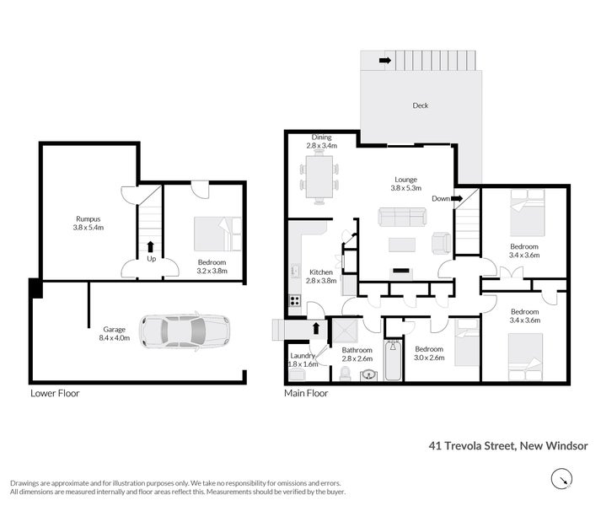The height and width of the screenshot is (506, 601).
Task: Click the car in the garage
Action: coord(185,331)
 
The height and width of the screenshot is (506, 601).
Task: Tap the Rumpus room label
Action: coord(89,219)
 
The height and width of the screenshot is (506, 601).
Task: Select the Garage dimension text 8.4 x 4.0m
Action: coord(115,338)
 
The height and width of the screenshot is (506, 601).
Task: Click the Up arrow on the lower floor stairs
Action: coord(151,246)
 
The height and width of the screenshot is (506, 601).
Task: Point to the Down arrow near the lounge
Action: coord(457,199)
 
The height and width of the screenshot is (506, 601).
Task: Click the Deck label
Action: coord(421,105)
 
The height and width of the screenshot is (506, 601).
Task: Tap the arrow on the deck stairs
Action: coord(385,60)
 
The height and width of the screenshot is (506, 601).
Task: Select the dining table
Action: coord(319,177)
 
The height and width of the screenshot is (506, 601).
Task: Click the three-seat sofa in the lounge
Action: coord(402,218)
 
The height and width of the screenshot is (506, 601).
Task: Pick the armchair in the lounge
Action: coord(441,243)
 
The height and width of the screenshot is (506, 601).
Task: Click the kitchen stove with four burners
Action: coord(295,300)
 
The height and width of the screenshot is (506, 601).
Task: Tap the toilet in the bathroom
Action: coord(345,374)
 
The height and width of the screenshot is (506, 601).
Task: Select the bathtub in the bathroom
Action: coord(393,360)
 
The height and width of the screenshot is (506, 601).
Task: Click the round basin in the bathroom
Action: coord(368,374)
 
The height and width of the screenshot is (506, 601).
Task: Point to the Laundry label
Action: coord(303,356)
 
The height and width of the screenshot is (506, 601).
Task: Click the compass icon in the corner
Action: coord(561,479)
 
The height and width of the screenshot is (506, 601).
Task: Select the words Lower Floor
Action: coord(55,393)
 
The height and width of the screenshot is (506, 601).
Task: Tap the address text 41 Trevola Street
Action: coord(472,446)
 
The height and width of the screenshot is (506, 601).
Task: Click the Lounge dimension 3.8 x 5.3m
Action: coord(406,188)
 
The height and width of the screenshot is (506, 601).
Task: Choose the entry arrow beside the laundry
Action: coord(316,328)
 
